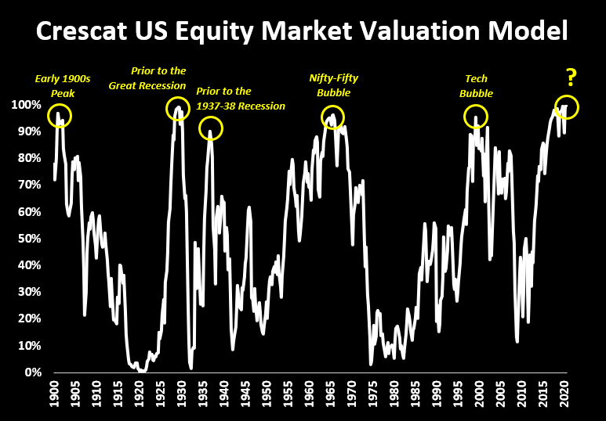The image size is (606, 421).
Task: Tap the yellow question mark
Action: tap(572, 77)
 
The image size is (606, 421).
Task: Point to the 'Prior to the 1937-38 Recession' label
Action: tap(241, 99)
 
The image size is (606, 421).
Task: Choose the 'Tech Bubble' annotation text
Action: tap(476, 85)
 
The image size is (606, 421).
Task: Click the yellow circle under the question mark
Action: tap(566, 107)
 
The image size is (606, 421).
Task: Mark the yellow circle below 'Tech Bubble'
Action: tap(474, 117)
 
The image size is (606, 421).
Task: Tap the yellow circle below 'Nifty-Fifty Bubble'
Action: tap(333, 117)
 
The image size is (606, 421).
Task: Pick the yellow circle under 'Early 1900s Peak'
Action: tap(59, 117)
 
